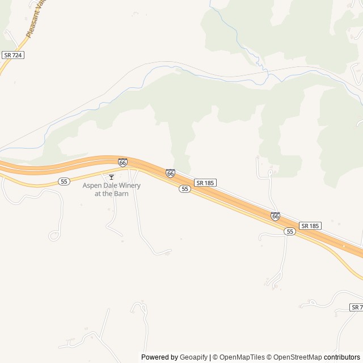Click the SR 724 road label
[x=12, y=55]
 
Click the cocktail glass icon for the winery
[x=111, y=177]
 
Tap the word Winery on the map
[x=130, y=185]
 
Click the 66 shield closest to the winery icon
[x=123, y=162]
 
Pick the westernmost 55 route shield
[x=64, y=181]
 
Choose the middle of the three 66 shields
[x=170, y=172]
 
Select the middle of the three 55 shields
[x=184, y=189]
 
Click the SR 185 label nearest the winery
[x=205, y=183]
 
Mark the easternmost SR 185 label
[x=310, y=226]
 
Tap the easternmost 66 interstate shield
[x=275, y=216]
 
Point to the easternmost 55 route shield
[x=290, y=231]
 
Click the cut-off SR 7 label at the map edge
[x=356, y=307]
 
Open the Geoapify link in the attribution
[x=193, y=357]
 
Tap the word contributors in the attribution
[x=342, y=357]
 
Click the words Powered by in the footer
[x=159, y=357]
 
